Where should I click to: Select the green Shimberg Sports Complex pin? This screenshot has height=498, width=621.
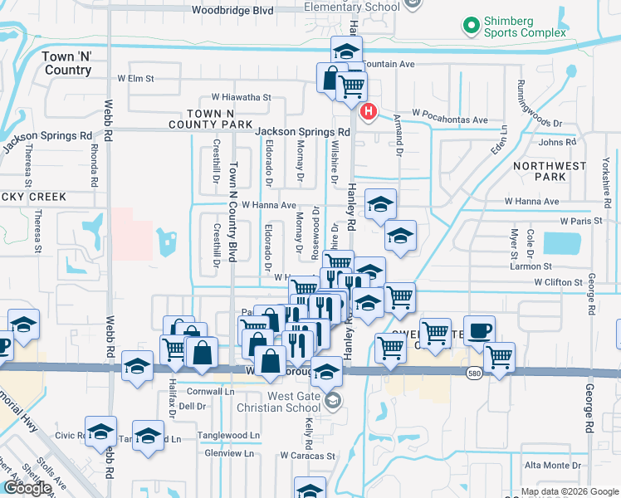[x=472, y=26]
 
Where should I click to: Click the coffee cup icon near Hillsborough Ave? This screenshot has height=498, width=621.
[x=479, y=330]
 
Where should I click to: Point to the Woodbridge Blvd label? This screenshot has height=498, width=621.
[x=232, y=11]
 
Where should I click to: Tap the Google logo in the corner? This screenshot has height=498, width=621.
[x=27, y=488]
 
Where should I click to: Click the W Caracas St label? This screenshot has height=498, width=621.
[x=306, y=456]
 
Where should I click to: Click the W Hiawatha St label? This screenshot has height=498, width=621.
[x=241, y=97]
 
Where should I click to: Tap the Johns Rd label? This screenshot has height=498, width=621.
[x=557, y=143]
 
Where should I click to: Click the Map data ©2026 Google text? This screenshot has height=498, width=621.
[x=570, y=491]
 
